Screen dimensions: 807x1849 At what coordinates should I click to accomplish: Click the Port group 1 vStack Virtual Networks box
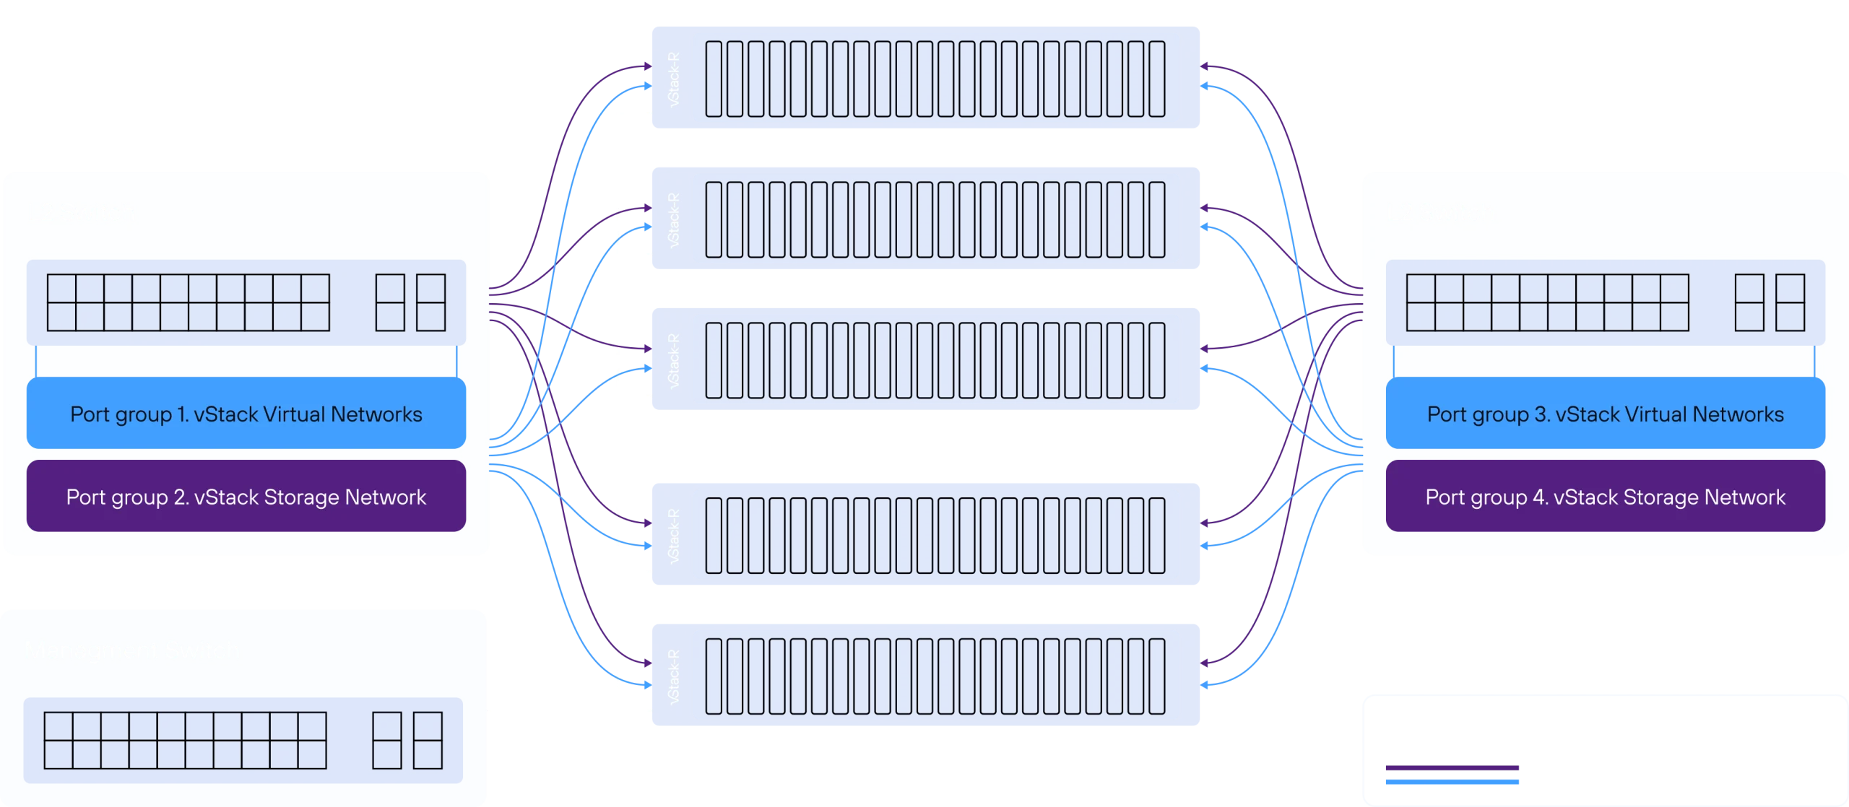click(x=246, y=413)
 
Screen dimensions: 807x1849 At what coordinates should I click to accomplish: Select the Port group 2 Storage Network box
click(x=246, y=497)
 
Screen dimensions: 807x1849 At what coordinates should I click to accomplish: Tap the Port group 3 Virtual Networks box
click(x=1605, y=413)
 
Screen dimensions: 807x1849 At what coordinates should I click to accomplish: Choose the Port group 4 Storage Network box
click(x=1605, y=497)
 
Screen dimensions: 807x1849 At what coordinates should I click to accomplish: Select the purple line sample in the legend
click(x=1450, y=768)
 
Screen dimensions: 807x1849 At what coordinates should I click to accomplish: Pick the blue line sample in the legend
click(x=1450, y=780)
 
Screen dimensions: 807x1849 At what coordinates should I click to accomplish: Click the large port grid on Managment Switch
click(x=185, y=740)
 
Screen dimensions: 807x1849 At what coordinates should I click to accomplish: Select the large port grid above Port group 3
click(x=1547, y=302)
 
